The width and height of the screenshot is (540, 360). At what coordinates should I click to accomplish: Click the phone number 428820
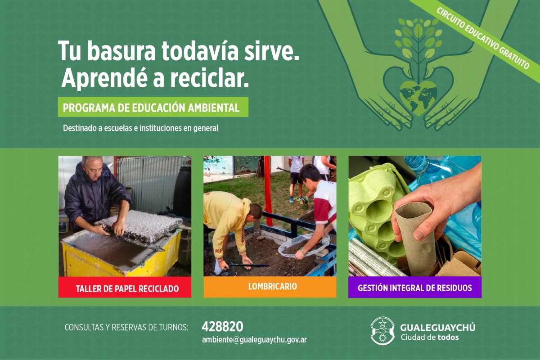222,327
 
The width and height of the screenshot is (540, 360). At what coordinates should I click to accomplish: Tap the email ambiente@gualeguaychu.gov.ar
254,340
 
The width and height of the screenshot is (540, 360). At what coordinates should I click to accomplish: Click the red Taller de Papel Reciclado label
125,287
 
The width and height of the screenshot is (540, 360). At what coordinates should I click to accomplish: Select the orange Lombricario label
270,287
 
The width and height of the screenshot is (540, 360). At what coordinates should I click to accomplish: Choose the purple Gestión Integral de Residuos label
415,287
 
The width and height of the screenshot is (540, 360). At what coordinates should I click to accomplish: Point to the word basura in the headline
121,51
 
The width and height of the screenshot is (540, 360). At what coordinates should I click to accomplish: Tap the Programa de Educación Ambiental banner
153,107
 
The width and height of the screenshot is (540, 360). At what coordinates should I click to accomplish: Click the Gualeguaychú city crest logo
382,331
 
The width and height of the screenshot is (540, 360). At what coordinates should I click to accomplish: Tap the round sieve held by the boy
304,245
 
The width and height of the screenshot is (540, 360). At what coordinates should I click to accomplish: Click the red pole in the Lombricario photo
268,190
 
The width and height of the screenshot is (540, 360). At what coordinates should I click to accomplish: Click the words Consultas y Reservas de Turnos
126,328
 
